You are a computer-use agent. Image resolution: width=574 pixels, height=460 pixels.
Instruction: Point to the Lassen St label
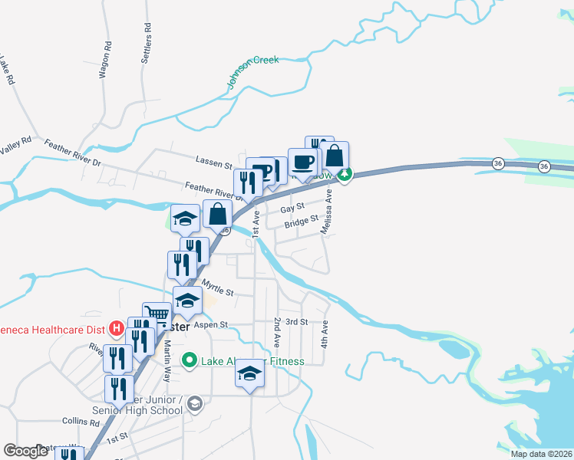(213, 165)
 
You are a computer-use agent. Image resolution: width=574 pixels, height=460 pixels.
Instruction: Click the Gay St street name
(292, 208)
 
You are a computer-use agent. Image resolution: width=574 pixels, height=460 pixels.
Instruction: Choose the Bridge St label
(301, 222)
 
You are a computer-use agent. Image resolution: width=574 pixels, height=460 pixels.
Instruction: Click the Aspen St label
(211, 325)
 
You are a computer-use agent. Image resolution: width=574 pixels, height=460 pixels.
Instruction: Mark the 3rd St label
(297, 322)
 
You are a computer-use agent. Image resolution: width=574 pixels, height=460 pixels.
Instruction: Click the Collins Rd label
(81, 422)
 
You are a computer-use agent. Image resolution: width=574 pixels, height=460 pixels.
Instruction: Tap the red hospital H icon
(117, 330)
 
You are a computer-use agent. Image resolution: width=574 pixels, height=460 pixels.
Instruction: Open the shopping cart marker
(157, 313)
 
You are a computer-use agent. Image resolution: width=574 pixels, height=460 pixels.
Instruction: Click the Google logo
(25, 451)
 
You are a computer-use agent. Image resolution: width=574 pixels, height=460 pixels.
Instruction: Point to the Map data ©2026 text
(541, 454)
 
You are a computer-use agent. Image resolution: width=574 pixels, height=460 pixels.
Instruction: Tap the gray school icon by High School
(194, 403)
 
